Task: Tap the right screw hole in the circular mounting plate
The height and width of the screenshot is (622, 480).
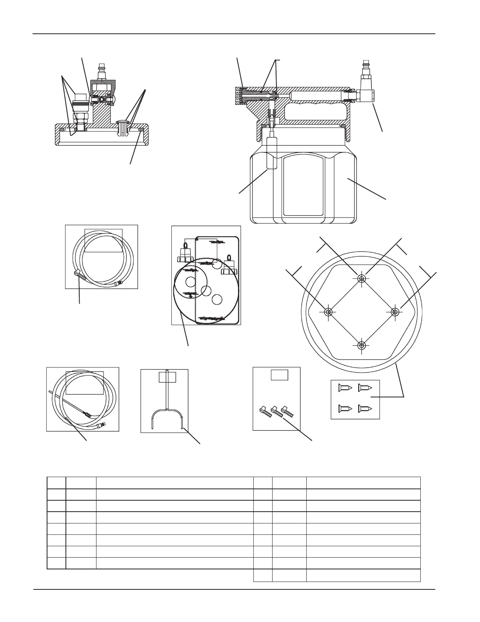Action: [395, 312]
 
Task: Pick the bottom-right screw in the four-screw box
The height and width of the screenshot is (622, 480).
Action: [365, 409]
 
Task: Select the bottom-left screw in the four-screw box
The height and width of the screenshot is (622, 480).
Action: [344, 409]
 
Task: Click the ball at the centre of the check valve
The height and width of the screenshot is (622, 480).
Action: [102, 100]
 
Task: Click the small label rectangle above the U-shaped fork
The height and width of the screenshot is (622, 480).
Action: [167, 377]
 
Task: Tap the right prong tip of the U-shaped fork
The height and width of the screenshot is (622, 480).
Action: [183, 426]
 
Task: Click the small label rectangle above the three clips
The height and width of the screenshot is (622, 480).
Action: [280, 375]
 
